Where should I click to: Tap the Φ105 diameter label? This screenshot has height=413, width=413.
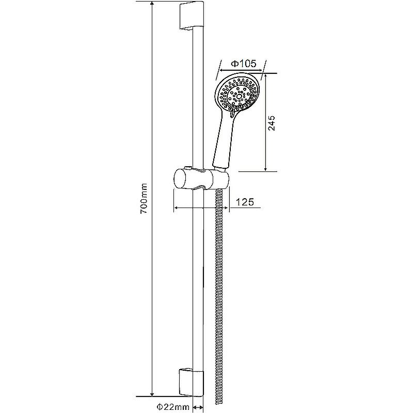pos(244,63)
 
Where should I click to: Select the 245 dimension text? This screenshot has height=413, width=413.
pos(272,123)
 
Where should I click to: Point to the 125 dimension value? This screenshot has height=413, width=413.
pos(244,202)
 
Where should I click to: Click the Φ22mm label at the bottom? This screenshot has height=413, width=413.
pos(173,407)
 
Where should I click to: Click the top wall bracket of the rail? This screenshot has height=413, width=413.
pos(191,17)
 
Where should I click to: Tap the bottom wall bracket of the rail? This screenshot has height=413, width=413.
pos(191,383)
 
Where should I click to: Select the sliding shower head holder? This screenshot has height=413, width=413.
pos(201,179)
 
